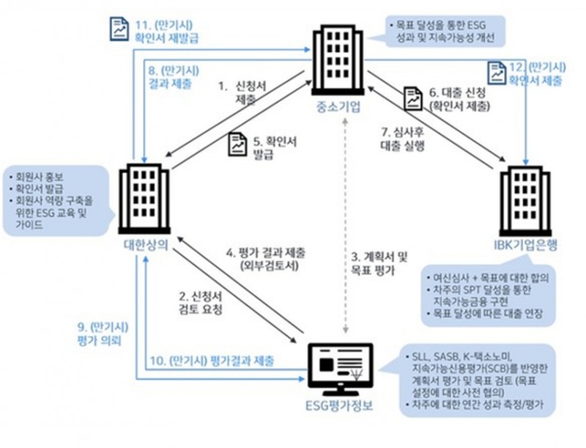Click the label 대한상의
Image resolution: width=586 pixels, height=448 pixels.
click(144, 245)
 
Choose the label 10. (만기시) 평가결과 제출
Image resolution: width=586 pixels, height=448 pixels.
click(213, 361)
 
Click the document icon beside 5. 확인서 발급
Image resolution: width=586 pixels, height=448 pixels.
click(239, 144)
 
